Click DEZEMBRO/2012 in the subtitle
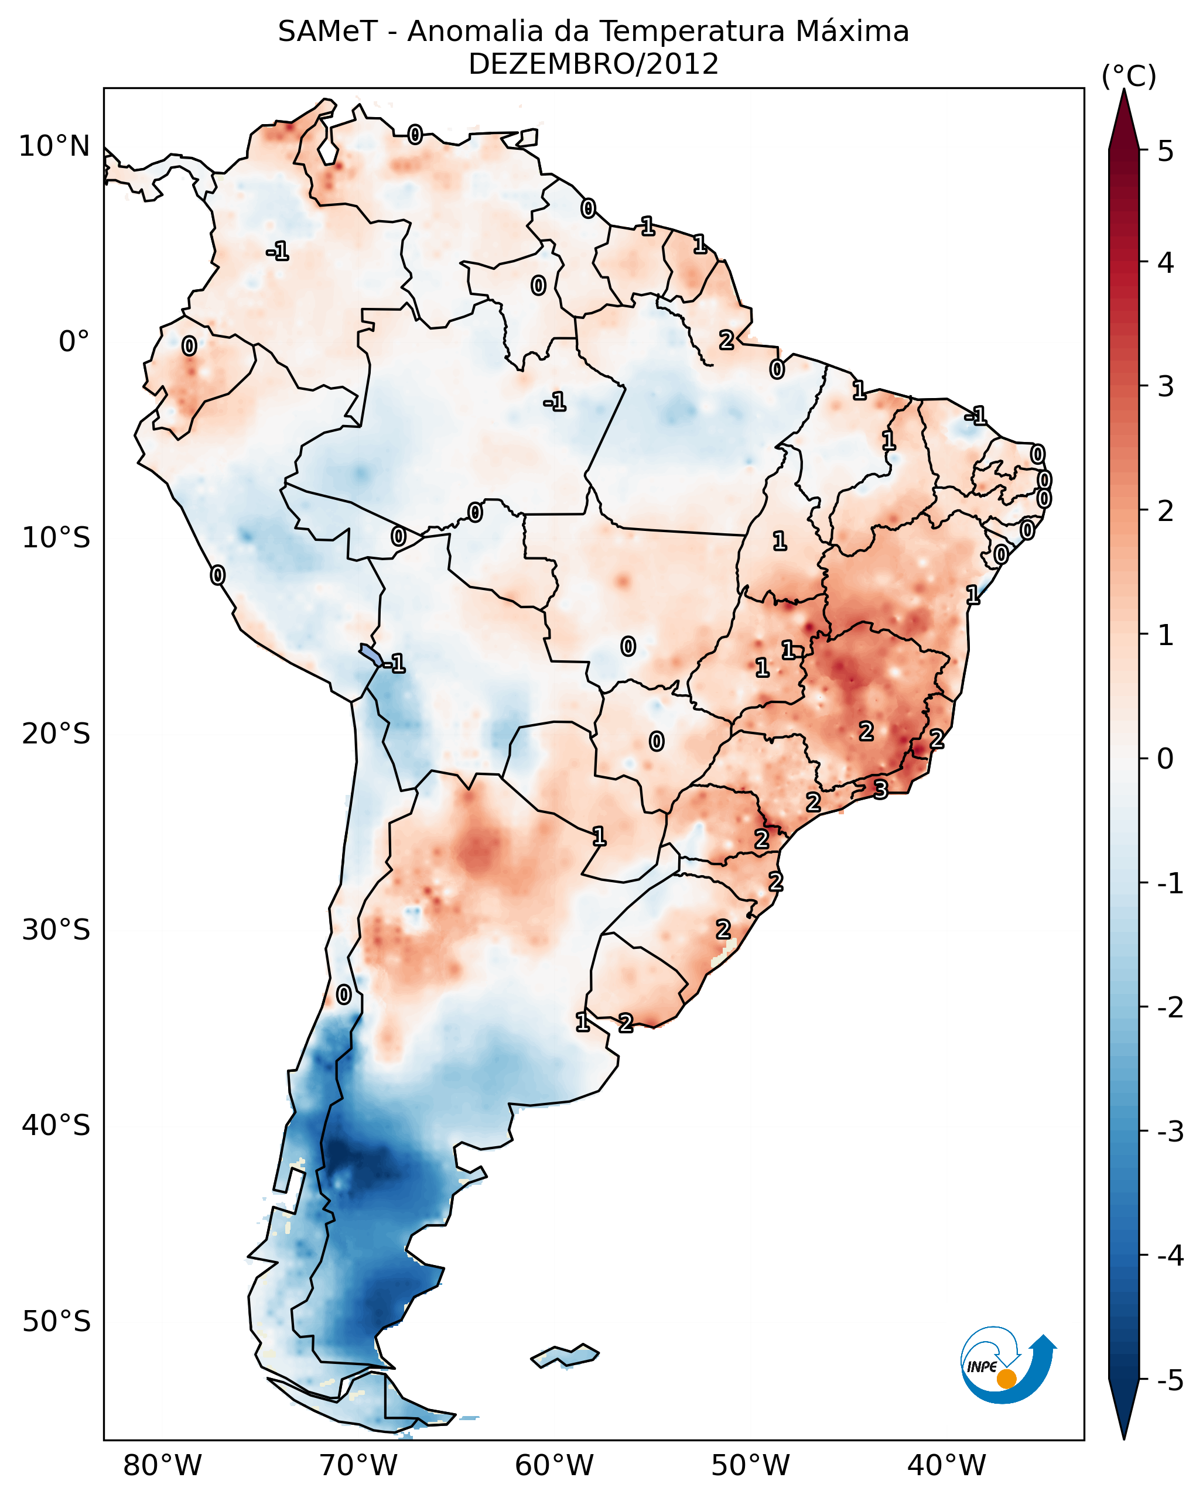pos(593,64)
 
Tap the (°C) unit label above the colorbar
pos(1128,77)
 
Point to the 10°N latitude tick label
pos(54,146)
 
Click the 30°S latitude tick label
pos(56,930)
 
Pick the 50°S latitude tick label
pos(56,1322)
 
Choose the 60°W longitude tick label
pos(554,1465)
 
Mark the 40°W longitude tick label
pos(946,1465)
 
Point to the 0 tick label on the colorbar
pos(1166,758)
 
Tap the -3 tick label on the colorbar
pos(1170,1132)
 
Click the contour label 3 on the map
pos(880,790)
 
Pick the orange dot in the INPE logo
pos(1006,1379)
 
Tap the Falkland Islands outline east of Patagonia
pos(565,1356)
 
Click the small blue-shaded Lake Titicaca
pos(370,654)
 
